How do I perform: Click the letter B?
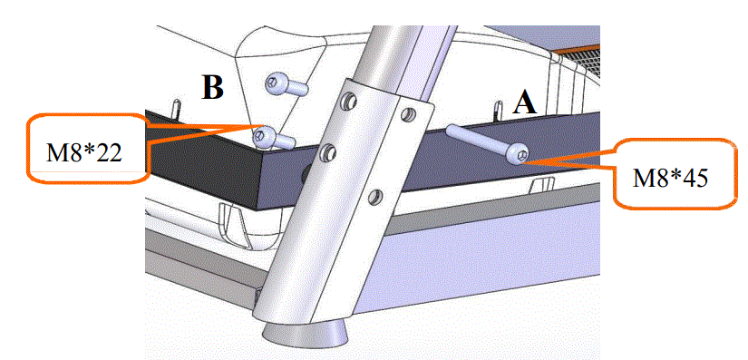[x=212, y=88]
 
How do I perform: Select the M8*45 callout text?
[x=670, y=175]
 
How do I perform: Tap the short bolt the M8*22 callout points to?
[x=271, y=138]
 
